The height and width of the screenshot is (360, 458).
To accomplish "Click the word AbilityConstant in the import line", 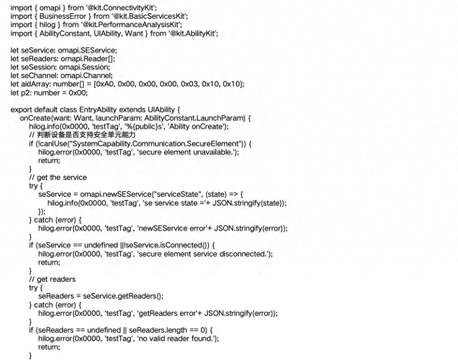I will pos(64,34).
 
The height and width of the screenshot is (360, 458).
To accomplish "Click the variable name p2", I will pos(25,93).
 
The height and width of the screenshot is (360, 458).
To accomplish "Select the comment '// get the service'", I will pos(58,177).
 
